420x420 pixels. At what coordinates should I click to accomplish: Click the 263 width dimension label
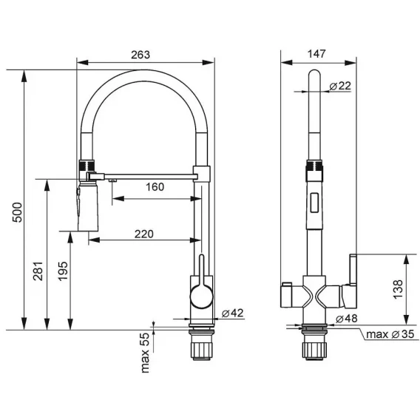[140, 55]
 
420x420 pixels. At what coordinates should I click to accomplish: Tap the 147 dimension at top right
[316, 54]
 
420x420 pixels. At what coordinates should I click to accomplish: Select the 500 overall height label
[18, 212]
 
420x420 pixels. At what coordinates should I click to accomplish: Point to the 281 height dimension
[38, 271]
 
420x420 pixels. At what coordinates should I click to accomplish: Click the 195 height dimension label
[63, 271]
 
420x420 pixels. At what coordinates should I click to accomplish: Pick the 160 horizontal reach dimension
[155, 186]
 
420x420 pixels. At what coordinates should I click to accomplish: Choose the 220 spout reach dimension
[144, 234]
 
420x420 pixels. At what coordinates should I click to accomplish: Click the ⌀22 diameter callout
[340, 86]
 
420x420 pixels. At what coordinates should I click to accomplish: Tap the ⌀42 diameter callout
[232, 313]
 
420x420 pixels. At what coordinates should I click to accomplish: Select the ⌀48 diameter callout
[346, 319]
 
